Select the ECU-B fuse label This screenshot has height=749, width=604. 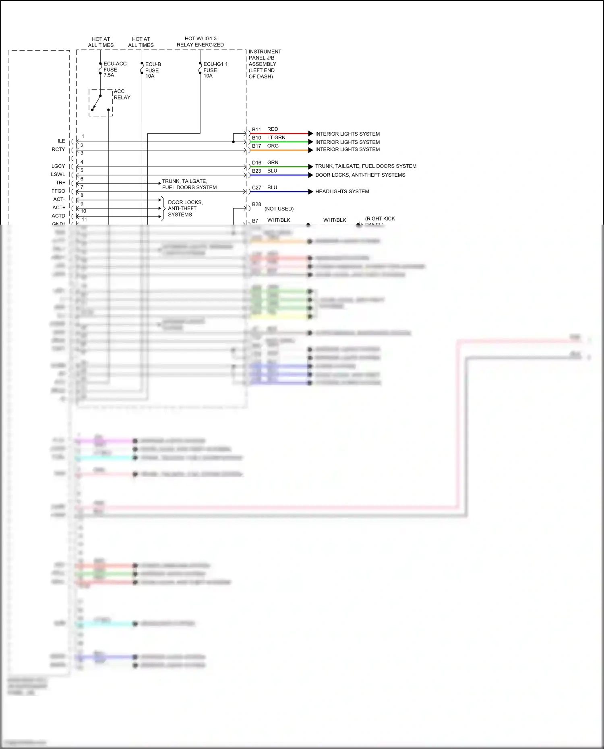pyautogui.click(x=153, y=70)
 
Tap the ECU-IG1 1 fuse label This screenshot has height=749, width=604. pyautogui.click(x=215, y=70)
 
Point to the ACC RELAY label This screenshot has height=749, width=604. pyautogui.click(x=122, y=95)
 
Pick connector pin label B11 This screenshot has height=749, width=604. pyautogui.click(x=256, y=130)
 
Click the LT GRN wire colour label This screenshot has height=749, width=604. pyautogui.click(x=276, y=138)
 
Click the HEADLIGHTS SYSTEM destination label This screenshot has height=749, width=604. pyautogui.click(x=342, y=192)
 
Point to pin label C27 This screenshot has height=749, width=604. pyautogui.click(x=256, y=188)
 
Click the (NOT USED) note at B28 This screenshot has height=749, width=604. pyautogui.click(x=279, y=209)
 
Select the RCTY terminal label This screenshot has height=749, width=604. pyautogui.click(x=58, y=149)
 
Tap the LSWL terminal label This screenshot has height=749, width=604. pyautogui.click(x=58, y=174)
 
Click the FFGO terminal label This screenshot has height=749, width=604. pyautogui.click(x=58, y=191)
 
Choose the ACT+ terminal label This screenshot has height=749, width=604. pyautogui.click(x=59, y=208)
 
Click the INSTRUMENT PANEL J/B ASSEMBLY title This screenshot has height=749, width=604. pyautogui.click(x=265, y=64)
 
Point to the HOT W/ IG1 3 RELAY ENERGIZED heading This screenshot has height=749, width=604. pyautogui.click(x=200, y=41)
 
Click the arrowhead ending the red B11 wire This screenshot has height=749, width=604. pyautogui.click(x=310, y=133)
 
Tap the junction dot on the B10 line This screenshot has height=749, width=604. pyautogui.click(x=234, y=142)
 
